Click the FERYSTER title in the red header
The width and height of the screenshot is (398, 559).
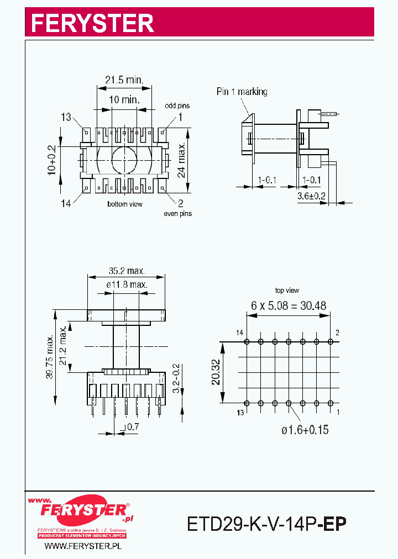coord(92,23)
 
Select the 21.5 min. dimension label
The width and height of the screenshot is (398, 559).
coord(124,80)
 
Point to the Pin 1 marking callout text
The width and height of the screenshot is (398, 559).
coord(242,92)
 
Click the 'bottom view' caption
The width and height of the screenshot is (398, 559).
coord(124,204)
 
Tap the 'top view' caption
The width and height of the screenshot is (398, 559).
coord(287,291)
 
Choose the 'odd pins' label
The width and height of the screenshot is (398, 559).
coord(177,106)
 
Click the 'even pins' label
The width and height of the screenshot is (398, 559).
coord(177,214)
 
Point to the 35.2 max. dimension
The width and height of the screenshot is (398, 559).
coord(127,271)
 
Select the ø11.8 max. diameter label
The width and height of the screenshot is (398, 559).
coord(127,284)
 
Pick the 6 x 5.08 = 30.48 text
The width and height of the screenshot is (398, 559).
coord(288,305)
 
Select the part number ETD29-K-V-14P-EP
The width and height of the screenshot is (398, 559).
coord(266,523)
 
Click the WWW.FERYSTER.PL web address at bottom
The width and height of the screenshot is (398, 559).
coord(82,546)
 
